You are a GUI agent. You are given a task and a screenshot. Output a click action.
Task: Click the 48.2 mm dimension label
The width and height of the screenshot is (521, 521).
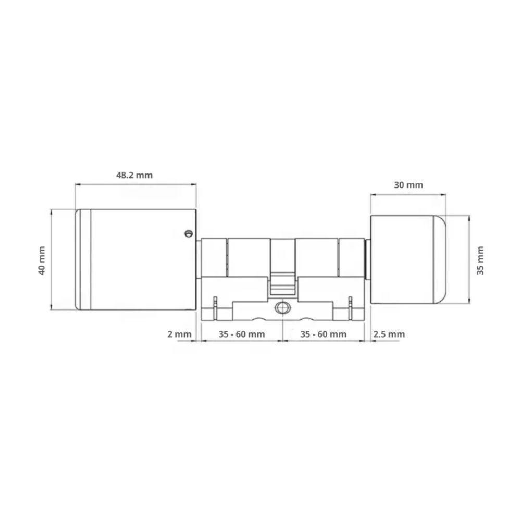[x=134, y=175]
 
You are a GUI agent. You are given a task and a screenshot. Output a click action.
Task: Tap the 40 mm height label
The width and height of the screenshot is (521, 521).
[x=42, y=260]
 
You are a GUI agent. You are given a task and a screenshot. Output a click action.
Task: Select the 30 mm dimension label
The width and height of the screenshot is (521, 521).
[x=408, y=185]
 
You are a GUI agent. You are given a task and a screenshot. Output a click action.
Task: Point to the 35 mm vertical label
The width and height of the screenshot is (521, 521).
[x=480, y=260]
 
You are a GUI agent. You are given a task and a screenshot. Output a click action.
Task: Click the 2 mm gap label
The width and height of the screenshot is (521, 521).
[x=179, y=334]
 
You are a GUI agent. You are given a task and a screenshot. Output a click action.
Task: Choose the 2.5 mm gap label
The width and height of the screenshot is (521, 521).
[x=389, y=334]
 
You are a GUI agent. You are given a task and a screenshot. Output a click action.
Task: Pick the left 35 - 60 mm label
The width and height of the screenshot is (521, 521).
[x=242, y=334]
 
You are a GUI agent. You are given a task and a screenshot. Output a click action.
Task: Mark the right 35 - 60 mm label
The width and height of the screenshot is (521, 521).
[x=324, y=334]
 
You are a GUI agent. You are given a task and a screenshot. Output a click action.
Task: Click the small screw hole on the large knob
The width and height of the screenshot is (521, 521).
[x=189, y=233]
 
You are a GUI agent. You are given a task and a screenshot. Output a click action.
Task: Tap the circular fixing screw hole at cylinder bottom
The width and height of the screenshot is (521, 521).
[x=282, y=308]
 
